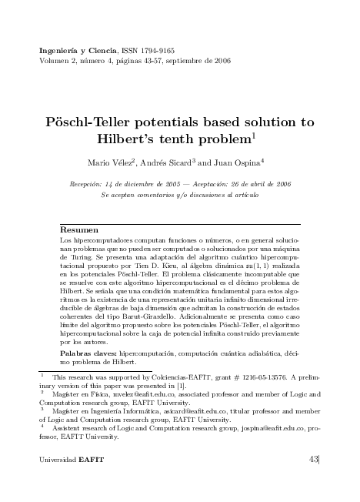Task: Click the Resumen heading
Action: (79, 230)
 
